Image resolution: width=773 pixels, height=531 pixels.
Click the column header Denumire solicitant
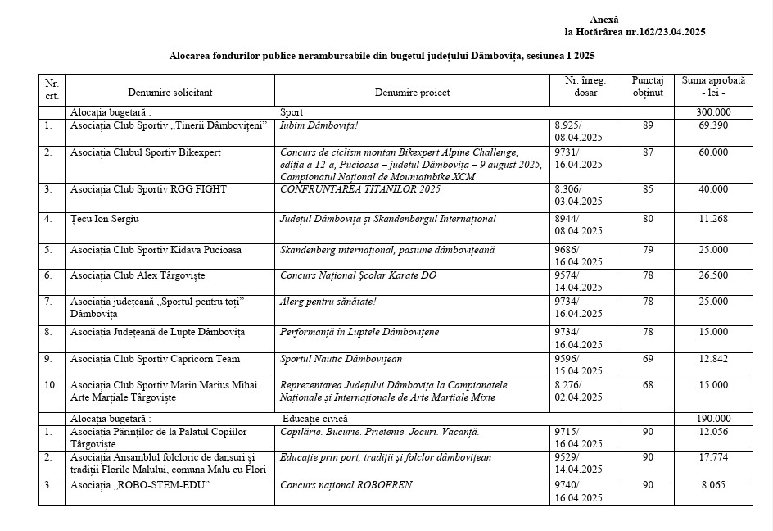coord(170,93)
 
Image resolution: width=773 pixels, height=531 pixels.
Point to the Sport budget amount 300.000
coord(713,112)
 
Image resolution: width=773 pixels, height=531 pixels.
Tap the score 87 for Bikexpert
coord(648,152)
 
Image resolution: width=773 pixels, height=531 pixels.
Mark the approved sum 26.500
coord(713,275)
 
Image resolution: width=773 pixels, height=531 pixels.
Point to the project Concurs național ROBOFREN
coord(346,485)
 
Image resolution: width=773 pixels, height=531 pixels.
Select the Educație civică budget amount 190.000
coord(713,418)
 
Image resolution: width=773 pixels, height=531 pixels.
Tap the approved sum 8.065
coord(713,485)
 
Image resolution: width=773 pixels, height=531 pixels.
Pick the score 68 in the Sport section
coord(648,385)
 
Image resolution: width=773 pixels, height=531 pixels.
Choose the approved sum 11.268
coord(713,219)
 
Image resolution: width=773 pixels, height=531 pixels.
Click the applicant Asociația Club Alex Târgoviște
coord(138,275)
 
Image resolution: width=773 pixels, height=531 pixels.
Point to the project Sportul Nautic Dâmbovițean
coord(341,358)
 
